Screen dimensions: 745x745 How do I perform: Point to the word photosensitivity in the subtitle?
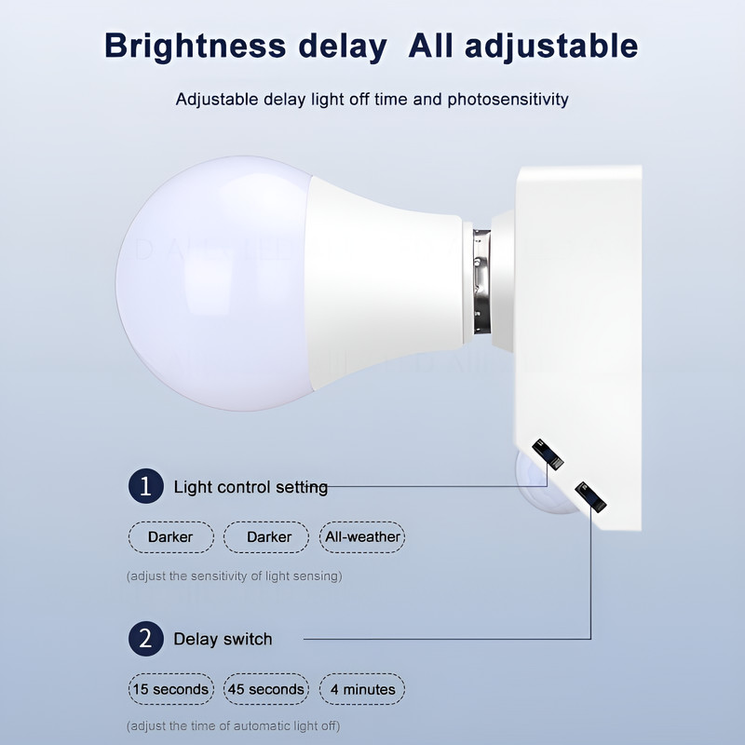coord(508,99)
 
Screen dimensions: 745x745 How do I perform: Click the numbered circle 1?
coord(144,486)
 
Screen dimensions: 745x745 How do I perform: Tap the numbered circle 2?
coord(144,639)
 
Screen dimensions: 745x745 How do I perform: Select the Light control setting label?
coord(251,487)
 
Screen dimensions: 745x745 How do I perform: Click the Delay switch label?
coord(223,640)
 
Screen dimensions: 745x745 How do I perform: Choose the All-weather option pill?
coord(362,536)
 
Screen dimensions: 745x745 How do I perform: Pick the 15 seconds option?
coord(169,689)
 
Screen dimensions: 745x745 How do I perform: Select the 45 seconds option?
coord(265,689)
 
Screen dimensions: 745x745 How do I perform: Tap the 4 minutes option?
coord(362,689)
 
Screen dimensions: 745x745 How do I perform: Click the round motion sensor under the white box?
coord(540,484)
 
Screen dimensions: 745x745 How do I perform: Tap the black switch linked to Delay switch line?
coord(590,495)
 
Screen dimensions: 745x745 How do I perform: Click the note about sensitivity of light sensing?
coord(234,576)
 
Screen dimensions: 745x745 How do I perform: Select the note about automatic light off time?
coord(233,725)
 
